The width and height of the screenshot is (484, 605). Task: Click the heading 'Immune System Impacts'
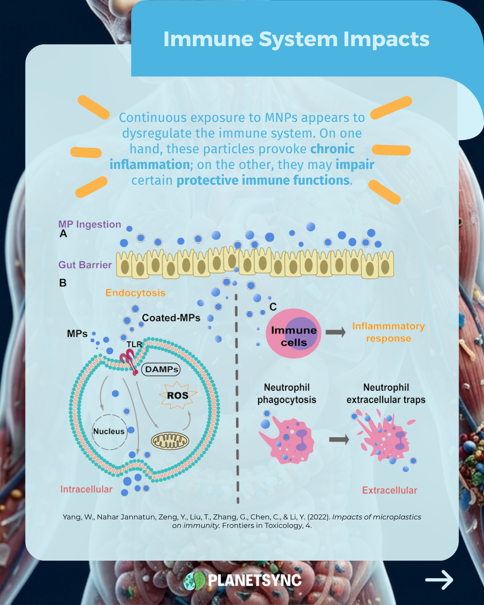[296, 39]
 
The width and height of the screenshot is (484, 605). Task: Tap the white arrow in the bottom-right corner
[439, 580]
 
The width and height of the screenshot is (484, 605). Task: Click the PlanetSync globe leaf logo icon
[194, 581]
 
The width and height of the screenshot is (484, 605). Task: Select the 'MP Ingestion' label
[90, 225]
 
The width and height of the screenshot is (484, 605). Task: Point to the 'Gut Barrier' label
[85, 265]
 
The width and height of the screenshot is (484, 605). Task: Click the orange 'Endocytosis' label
[135, 293]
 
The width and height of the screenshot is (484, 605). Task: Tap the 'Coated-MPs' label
[171, 318]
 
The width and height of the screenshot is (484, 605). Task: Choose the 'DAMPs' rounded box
[161, 369]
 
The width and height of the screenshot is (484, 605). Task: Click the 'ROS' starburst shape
[178, 395]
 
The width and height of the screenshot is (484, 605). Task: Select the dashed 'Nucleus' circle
[109, 431]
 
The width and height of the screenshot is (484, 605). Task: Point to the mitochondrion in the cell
[170, 441]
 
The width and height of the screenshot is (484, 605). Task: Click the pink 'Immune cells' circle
[294, 334]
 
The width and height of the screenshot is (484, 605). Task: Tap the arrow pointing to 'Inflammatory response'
[335, 332]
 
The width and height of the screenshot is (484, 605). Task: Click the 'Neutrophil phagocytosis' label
[287, 393]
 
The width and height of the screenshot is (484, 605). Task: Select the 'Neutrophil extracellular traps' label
[386, 393]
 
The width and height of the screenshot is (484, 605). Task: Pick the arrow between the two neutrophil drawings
[339, 440]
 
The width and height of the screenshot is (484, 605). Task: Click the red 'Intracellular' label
[86, 489]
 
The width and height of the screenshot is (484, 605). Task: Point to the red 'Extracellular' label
[389, 491]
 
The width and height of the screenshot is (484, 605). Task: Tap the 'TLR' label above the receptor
[134, 345]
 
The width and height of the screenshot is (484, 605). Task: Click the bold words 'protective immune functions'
[263, 181]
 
